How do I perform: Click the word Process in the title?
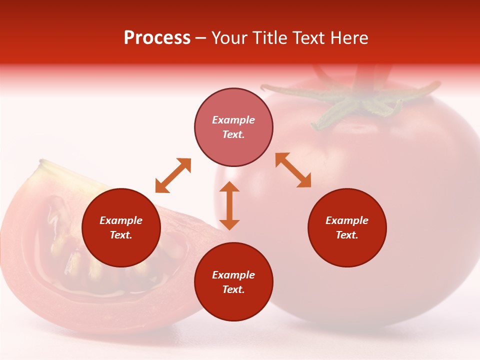(x=157, y=38)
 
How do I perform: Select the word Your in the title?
(x=229, y=38)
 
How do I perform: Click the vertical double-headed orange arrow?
(x=229, y=205)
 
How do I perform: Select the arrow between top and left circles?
(x=173, y=175)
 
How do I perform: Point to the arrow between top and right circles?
(x=293, y=170)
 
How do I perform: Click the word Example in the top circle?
(x=233, y=120)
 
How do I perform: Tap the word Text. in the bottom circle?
(x=233, y=289)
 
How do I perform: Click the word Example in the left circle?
(x=121, y=220)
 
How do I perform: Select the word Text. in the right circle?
(x=347, y=235)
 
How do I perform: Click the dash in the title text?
(x=201, y=38)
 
